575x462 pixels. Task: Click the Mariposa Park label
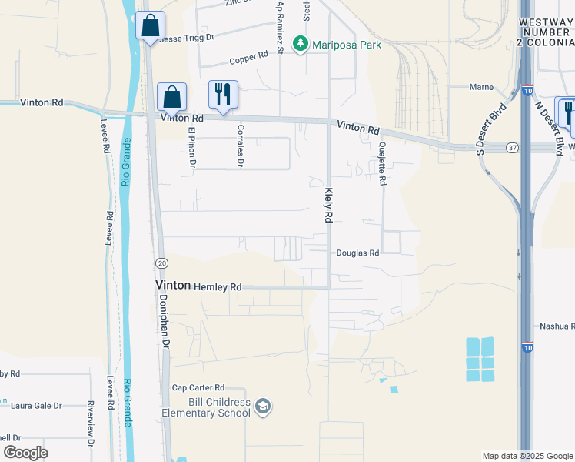(x=346, y=45)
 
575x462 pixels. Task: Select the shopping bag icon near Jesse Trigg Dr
(x=150, y=25)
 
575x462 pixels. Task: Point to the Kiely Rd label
(x=327, y=206)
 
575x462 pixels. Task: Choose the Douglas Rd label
(x=357, y=253)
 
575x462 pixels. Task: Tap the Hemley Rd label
(x=218, y=286)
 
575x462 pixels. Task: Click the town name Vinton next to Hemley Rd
(x=173, y=285)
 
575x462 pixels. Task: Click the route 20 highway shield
(x=161, y=263)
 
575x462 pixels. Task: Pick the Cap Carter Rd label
(x=198, y=387)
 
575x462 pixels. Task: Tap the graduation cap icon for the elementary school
(x=263, y=407)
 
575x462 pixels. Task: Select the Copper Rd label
(x=248, y=59)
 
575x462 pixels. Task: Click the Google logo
(x=25, y=453)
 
